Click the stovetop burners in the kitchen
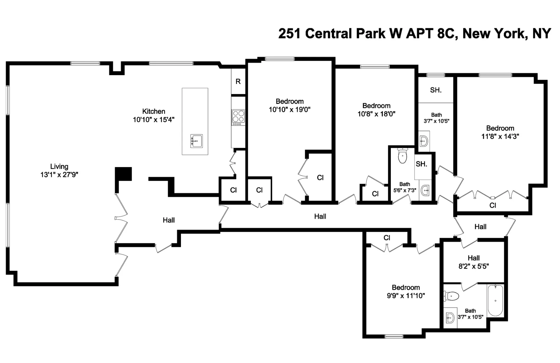tap(238, 116)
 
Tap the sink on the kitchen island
tap(196, 141)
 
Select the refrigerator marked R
tap(238, 82)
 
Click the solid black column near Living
tap(123, 174)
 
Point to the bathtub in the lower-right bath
tap(495, 300)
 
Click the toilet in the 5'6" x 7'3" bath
tap(402, 156)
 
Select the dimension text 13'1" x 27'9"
tap(59, 175)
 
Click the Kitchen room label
tap(154, 111)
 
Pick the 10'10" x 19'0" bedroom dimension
tap(289, 110)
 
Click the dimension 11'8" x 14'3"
tap(500, 136)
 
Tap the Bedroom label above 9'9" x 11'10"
tap(406, 288)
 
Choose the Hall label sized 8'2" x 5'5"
tap(473, 258)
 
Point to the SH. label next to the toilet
tap(421, 164)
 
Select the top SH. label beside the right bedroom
tap(436, 90)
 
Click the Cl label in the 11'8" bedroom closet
tap(493, 205)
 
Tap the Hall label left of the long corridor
tap(169, 220)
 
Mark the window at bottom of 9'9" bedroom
tap(394, 336)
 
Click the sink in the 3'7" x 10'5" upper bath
tap(424, 141)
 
